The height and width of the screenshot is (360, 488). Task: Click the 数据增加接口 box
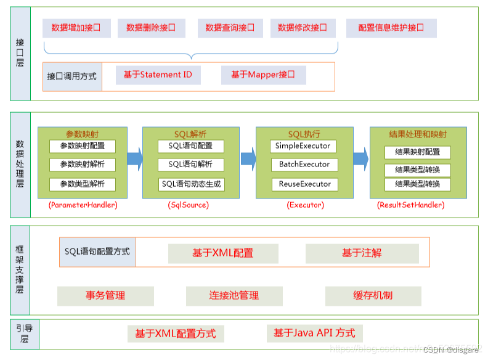pos(76,28)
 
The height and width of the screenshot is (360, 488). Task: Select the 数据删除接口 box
pos(150,28)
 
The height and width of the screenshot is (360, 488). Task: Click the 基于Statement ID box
pos(157,75)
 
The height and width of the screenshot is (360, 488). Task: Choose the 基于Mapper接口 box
pos(263,75)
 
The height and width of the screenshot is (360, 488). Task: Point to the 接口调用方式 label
pos(72,77)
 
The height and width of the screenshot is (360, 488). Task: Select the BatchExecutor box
pos(304,165)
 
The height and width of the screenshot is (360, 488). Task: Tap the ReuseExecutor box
pos(304,184)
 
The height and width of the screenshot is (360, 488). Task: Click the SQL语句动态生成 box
pos(191,184)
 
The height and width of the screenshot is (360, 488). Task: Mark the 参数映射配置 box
pos(83,146)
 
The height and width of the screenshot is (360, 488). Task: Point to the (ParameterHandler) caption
pos(83,205)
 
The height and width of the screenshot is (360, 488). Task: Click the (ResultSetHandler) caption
pos(410,205)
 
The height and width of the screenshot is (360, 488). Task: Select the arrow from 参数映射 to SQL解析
pos(134,158)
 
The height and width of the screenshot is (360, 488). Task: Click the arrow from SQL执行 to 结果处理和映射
pos(361,158)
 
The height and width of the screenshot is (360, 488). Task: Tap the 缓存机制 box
pos(373,296)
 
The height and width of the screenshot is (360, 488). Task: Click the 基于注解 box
pos(362,253)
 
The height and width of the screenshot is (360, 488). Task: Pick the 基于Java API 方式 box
pos(314,333)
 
